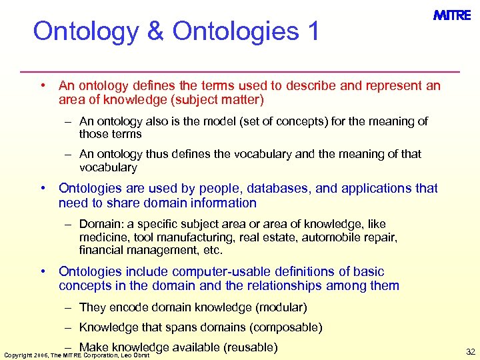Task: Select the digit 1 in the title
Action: pos(313,31)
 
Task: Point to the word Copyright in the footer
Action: pos(17,353)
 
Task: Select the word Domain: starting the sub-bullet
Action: pos(99,224)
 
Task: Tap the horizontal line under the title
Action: pos(240,71)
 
